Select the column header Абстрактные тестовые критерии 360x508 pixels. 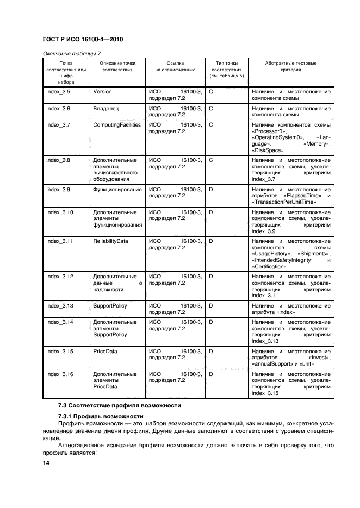click(x=290, y=67)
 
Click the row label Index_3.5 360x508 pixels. click(x=58, y=92)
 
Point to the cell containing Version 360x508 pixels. click(x=102, y=92)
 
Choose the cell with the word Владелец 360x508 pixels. click(x=106, y=109)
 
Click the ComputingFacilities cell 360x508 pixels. click(x=117, y=125)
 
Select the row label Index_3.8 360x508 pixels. click(x=58, y=160)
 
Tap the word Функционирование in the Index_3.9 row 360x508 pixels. click(x=117, y=190)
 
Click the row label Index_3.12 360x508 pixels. click(x=59, y=277)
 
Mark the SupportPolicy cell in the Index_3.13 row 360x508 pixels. click(x=110, y=306)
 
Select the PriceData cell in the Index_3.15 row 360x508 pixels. click(x=105, y=352)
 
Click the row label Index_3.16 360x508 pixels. click(x=59, y=374)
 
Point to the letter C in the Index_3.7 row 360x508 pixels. click(x=211, y=125)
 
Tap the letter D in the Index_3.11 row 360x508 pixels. click(x=211, y=241)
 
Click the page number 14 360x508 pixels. click(x=46, y=463)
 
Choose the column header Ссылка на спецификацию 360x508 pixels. click(x=175, y=67)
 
